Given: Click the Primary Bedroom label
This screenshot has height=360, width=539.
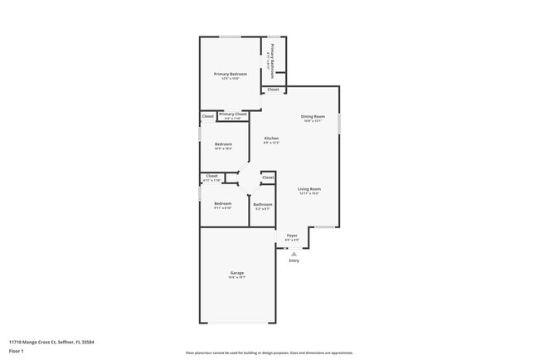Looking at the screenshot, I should pos(231,75).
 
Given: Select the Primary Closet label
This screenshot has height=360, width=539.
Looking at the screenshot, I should pos(231,115).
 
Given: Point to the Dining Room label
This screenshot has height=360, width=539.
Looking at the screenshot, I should pos(313,117).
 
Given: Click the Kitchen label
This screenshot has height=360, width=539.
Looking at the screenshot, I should pos(271,139).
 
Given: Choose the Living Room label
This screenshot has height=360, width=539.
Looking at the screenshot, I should pos(309,189).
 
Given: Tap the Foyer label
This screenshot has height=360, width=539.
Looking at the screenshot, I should pos(292,236).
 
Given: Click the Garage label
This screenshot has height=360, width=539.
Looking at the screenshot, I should pos(236,273).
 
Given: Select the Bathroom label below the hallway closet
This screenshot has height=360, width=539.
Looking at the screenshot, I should pos(263,204).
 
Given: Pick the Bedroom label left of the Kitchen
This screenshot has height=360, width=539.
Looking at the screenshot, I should pos(223,144).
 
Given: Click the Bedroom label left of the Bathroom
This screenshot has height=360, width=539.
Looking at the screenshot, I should pos(223,203).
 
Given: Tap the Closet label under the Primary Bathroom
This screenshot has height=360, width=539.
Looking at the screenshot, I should pos(273,90).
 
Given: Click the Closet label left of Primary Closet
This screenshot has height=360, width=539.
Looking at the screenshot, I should pos(207,116).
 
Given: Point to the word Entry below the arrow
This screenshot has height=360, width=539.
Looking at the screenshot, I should pos(294,261).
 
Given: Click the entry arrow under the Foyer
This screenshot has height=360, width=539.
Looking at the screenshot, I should pos(294,254).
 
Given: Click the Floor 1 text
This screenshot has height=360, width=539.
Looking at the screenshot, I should pos(17,351).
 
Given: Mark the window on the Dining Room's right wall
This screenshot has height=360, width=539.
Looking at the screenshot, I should pos(338,122).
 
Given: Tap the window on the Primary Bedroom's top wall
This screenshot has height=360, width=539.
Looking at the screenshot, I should pos(230,36).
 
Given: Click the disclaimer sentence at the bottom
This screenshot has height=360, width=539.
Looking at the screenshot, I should pos(269,352).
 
